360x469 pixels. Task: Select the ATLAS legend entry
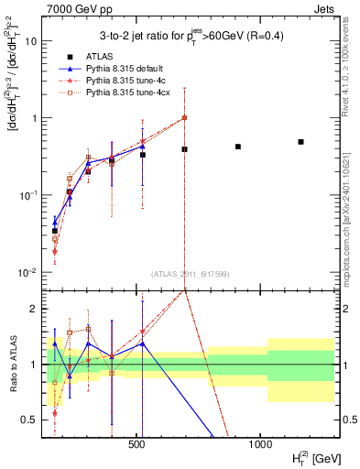point(97,56)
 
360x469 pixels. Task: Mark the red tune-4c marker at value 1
point(184,117)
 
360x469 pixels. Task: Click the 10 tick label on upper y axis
point(31,41)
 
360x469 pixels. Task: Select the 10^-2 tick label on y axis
point(27,272)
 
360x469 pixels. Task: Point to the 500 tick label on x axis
point(137,443)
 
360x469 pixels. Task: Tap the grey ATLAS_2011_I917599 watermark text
point(190,276)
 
